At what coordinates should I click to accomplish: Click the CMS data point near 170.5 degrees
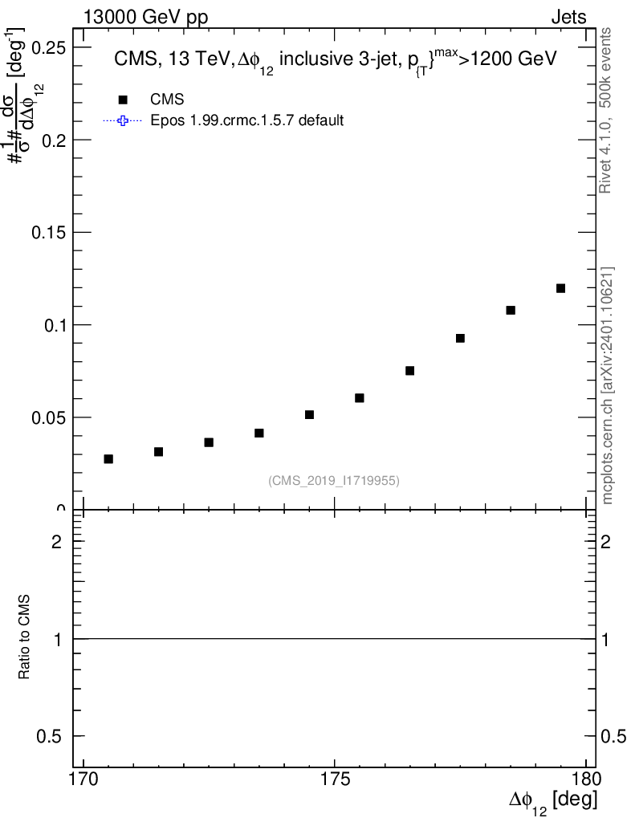pyautogui.click(x=108, y=459)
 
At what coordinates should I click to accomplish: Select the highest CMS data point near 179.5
pyautogui.click(x=560, y=288)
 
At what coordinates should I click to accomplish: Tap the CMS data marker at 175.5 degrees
pyautogui.click(x=360, y=398)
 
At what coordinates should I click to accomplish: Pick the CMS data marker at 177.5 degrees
pyautogui.click(x=460, y=338)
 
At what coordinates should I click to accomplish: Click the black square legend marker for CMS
pyautogui.click(x=122, y=100)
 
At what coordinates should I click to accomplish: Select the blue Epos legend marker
pyautogui.click(x=122, y=121)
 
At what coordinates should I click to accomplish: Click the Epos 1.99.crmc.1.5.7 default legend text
pyautogui.click(x=247, y=121)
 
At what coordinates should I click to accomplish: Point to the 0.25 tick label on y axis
pyautogui.click(x=47, y=47)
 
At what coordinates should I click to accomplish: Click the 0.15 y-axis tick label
pyautogui.click(x=47, y=233)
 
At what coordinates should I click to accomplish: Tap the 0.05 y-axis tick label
pyautogui.click(x=47, y=418)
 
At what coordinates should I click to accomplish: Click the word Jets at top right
pyautogui.click(x=568, y=18)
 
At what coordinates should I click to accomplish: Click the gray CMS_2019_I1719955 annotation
pyautogui.click(x=334, y=481)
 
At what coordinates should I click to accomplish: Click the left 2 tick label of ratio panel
pyautogui.click(x=57, y=542)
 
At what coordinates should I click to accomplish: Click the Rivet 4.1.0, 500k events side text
pyautogui.click(x=606, y=110)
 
